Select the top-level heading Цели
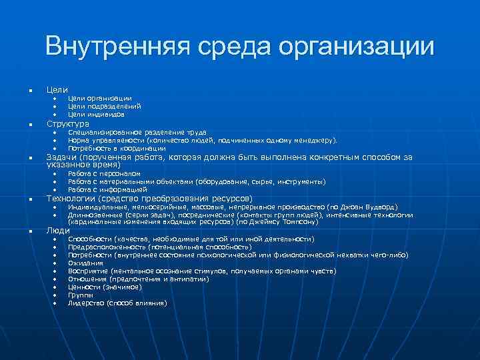(x=57, y=89)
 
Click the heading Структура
(x=67, y=124)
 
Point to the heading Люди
(x=57, y=231)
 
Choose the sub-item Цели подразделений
(x=105, y=106)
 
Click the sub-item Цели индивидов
(x=96, y=114)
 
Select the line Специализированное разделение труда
(x=137, y=132)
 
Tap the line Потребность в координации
(x=117, y=148)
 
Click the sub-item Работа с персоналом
(x=104, y=173)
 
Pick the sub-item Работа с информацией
(x=107, y=189)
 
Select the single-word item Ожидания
(x=85, y=263)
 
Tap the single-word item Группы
(x=81, y=295)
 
